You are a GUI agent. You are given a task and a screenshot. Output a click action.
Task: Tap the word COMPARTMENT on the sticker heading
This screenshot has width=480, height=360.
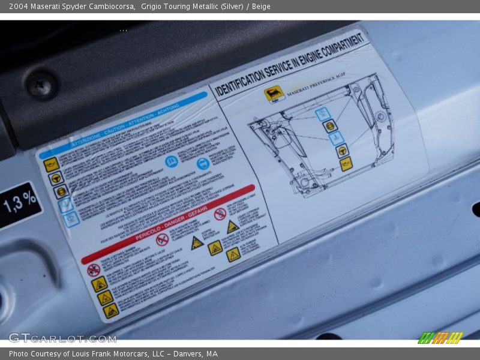(343, 47)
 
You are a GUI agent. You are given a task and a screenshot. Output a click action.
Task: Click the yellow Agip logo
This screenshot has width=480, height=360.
(274, 94)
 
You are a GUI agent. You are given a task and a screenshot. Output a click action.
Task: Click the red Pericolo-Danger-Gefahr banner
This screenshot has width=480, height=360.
(168, 224)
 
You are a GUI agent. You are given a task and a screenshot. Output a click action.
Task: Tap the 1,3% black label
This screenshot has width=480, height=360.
(19, 204)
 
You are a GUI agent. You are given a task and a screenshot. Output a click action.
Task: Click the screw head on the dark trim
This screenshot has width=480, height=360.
(41, 85)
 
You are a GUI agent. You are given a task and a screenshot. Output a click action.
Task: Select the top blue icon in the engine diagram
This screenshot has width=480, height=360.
(323, 114)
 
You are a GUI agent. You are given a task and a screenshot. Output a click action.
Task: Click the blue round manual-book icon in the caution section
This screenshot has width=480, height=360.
(172, 161)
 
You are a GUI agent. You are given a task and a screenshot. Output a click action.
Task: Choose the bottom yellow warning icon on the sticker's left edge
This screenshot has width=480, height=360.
(111, 310)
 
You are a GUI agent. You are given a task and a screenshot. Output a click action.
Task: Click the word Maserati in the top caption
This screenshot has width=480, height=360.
(47, 7)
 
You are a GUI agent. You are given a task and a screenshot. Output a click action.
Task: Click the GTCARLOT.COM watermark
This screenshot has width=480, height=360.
(62, 338)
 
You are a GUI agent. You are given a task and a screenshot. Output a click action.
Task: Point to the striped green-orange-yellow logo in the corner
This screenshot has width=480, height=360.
(440, 338)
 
